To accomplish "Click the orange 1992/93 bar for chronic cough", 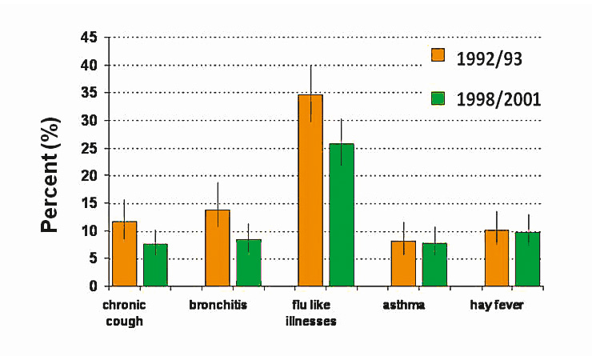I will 124,254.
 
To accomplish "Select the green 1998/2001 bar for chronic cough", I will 155,265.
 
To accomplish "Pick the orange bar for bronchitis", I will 218,248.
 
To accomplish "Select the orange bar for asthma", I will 403,263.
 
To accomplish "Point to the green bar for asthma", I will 434,264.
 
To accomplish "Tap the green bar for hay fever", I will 527,258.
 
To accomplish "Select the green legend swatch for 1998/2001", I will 438,98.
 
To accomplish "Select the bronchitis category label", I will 218,306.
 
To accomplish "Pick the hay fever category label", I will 496,306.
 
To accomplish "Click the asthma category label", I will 404,306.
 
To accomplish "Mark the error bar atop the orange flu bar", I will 310,80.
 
